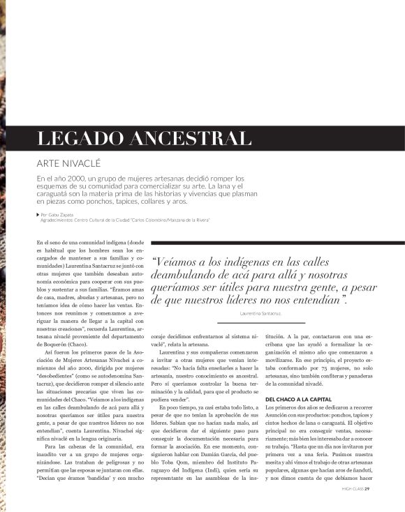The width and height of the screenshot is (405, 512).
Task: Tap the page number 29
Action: [x=367, y=488]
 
